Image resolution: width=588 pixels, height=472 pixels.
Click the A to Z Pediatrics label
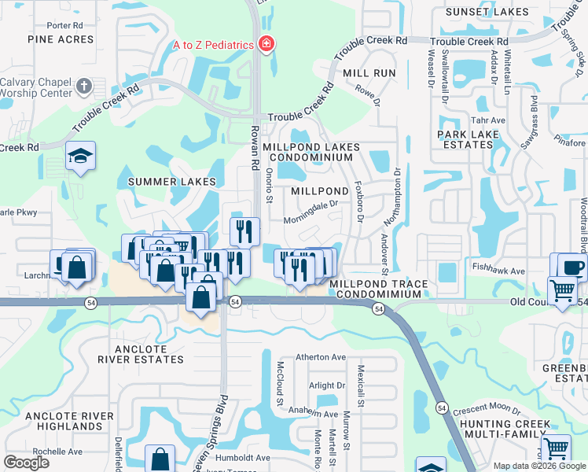[214, 45]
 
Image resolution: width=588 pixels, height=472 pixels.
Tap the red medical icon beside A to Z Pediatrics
[266, 44]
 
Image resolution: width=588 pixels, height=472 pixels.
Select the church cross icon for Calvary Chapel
[85, 84]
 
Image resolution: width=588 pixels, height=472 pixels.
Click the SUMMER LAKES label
[172, 182]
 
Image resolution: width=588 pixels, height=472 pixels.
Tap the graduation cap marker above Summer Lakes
[81, 157]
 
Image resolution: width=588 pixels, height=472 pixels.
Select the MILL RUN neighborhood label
[369, 72]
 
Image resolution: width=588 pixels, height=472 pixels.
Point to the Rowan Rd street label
[255, 148]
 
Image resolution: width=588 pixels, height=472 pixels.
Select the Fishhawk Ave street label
[498, 270]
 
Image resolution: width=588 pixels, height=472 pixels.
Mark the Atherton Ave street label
[321, 357]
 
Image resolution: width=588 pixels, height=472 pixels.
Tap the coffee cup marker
[573, 266]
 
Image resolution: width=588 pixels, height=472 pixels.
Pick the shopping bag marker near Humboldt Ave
[160, 459]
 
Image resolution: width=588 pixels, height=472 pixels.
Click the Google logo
[26, 463]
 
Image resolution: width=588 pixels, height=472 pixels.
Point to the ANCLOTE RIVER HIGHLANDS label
[64, 420]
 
